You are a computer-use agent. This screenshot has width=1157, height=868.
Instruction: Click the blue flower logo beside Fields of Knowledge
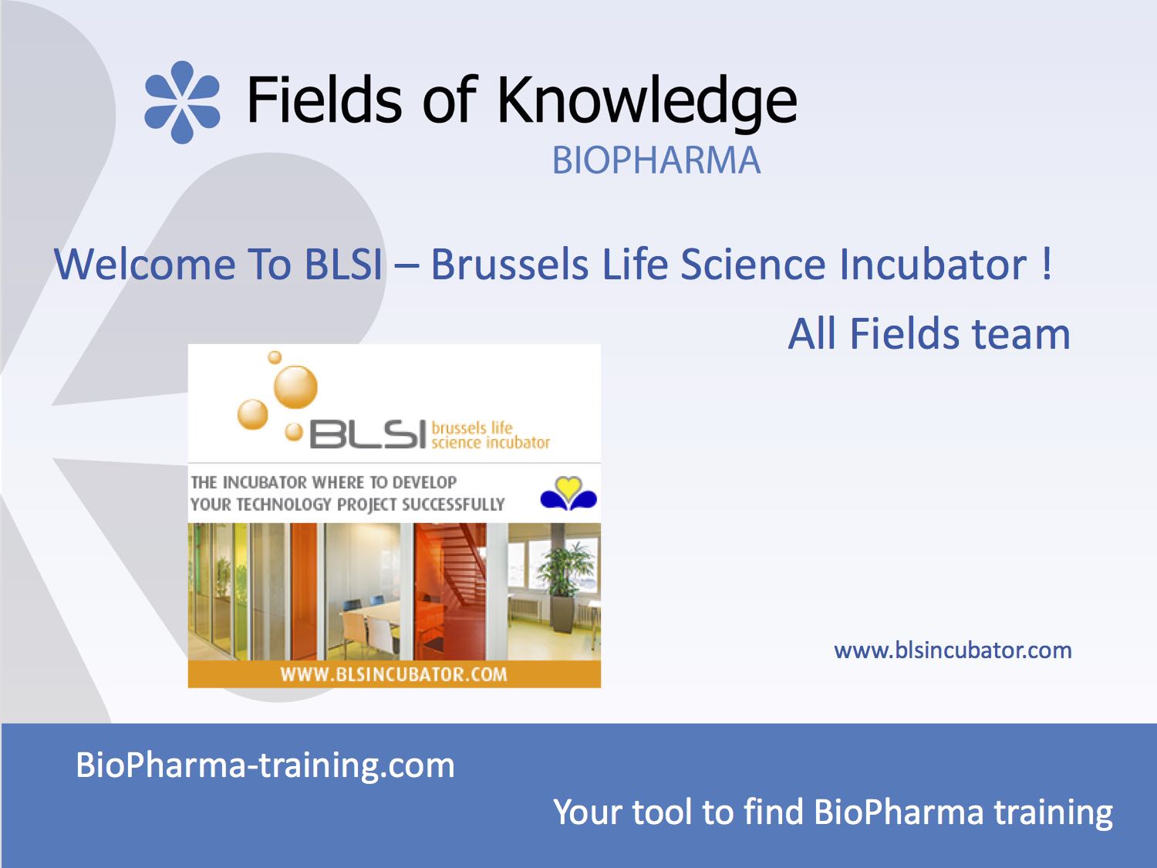182,103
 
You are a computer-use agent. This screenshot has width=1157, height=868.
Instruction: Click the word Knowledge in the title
647,103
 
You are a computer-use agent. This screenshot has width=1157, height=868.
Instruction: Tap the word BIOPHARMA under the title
656,160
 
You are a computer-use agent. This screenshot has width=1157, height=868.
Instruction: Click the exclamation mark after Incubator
1047,264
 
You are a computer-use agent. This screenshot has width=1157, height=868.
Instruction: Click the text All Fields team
929,333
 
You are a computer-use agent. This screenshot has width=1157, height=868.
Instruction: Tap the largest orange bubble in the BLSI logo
295,387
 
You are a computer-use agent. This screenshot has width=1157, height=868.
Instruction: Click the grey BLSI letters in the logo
367,434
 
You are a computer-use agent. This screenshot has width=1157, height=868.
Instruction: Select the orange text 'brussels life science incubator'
491,435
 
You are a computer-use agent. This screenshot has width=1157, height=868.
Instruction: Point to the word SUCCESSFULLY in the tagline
454,505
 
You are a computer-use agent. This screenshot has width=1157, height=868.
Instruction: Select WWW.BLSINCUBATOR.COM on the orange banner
393,674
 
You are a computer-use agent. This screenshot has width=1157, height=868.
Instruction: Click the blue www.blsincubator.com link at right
953,650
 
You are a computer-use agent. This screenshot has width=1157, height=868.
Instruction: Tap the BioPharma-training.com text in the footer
265,765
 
